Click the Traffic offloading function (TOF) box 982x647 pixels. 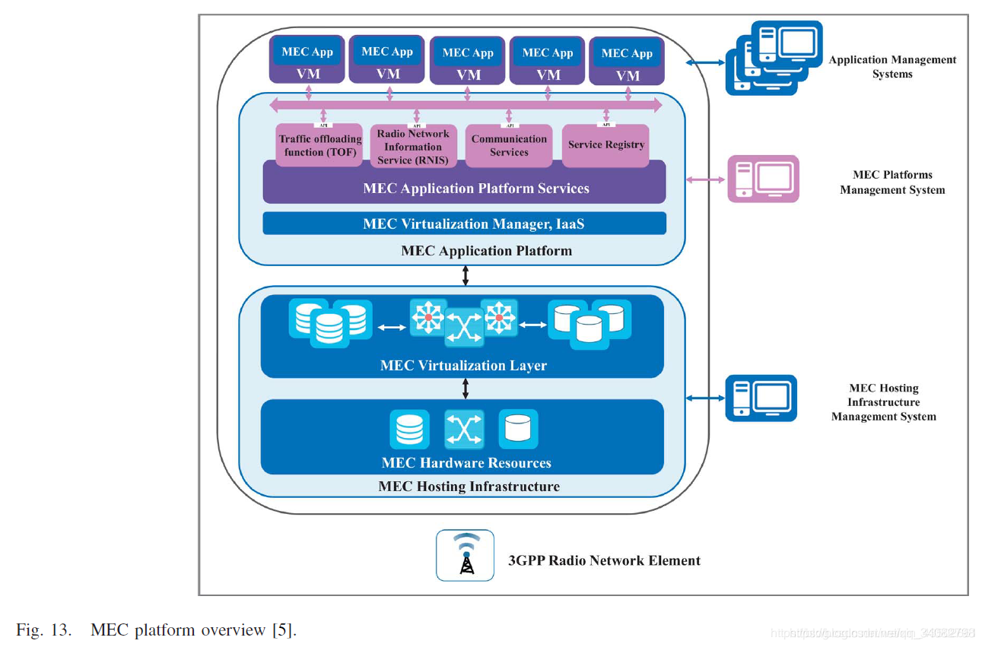319,145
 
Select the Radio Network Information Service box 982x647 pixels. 413,146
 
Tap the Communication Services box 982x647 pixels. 509,145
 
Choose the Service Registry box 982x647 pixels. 605,144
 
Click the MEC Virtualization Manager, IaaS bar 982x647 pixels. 464,224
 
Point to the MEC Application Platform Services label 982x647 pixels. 475,188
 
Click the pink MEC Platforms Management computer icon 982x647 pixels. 763,179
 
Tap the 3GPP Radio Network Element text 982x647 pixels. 604,560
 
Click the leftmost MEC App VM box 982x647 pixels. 307,59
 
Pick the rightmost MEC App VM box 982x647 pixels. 627,61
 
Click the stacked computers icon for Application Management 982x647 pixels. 773,57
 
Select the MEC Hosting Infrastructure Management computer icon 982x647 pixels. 761,398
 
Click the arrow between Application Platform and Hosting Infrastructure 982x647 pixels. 466,276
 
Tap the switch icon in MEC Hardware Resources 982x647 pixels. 464,430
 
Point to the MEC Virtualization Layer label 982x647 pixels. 463,366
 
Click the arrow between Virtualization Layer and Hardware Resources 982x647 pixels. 466,389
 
